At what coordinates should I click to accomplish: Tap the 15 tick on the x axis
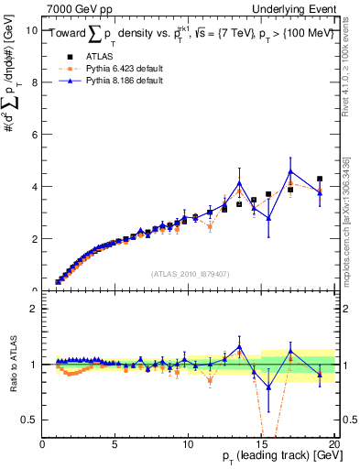[x=261, y=444]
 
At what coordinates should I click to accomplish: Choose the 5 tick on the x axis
[x=115, y=444]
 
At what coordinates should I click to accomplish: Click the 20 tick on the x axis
[x=333, y=444]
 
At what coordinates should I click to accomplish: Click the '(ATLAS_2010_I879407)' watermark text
[x=189, y=274]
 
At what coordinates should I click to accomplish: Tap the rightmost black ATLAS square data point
[x=320, y=180]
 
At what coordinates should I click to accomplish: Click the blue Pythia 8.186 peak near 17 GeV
[x=290, y=171]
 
